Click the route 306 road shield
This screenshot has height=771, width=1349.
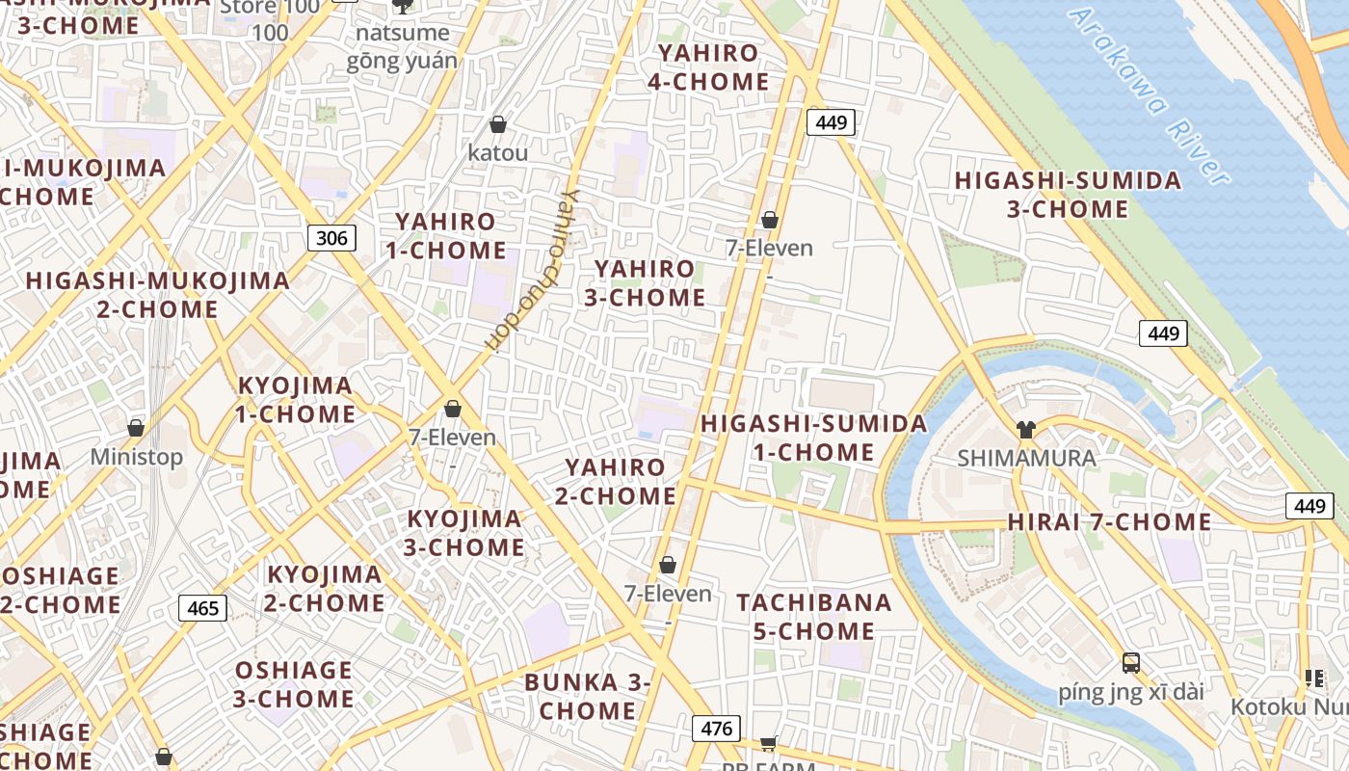(331, 237)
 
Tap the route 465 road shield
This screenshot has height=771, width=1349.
(202, 608)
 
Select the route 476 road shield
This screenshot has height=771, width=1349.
(716, 729)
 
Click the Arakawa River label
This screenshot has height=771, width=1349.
(1149, 96)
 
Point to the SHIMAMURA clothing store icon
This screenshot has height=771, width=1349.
(1025, 430)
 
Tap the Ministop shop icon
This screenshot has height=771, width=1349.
(136, 428)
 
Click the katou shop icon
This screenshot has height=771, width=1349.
(498, 124)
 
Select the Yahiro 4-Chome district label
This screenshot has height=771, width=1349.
(708, 67)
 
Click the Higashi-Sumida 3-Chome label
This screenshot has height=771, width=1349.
(1068, 195)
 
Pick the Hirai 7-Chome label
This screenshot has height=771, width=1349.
(1109, 522)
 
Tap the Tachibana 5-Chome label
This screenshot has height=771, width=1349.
(814, 617)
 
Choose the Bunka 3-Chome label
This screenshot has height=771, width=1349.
(588, 697)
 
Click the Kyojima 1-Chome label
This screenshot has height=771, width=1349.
(296, 400)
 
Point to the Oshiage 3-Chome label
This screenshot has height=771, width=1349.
(294, 684)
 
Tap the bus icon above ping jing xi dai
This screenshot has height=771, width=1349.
(1130, 663)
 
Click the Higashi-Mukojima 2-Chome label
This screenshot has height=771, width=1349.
(157, 295)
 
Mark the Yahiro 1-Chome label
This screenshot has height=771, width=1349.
(446, 236)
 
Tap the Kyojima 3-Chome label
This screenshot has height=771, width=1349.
(465, 533)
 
